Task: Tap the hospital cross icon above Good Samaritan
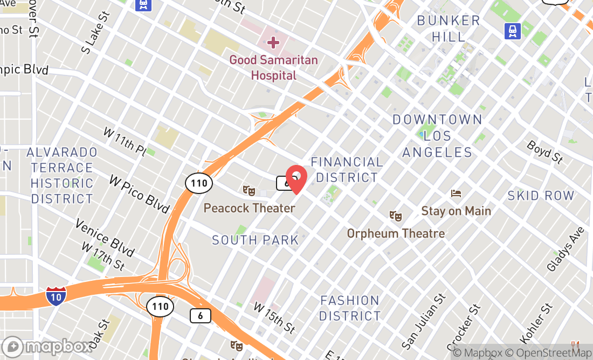(x=273, y=42)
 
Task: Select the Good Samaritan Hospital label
(x=273, y=67)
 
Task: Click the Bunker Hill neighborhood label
(x=449, y=29)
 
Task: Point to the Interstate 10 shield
(x=56, y=296)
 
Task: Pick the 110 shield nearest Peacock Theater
(x=199, y=183)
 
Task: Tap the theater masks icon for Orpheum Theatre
(x=396, y=216)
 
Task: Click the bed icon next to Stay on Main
(x=456, y=193)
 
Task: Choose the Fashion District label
(x=350, y=308)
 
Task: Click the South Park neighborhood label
(x=256, y=240)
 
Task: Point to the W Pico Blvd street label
(x=139, y=193)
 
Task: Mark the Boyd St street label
(x=544, y=152)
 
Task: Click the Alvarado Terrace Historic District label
(x=62, y=176)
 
